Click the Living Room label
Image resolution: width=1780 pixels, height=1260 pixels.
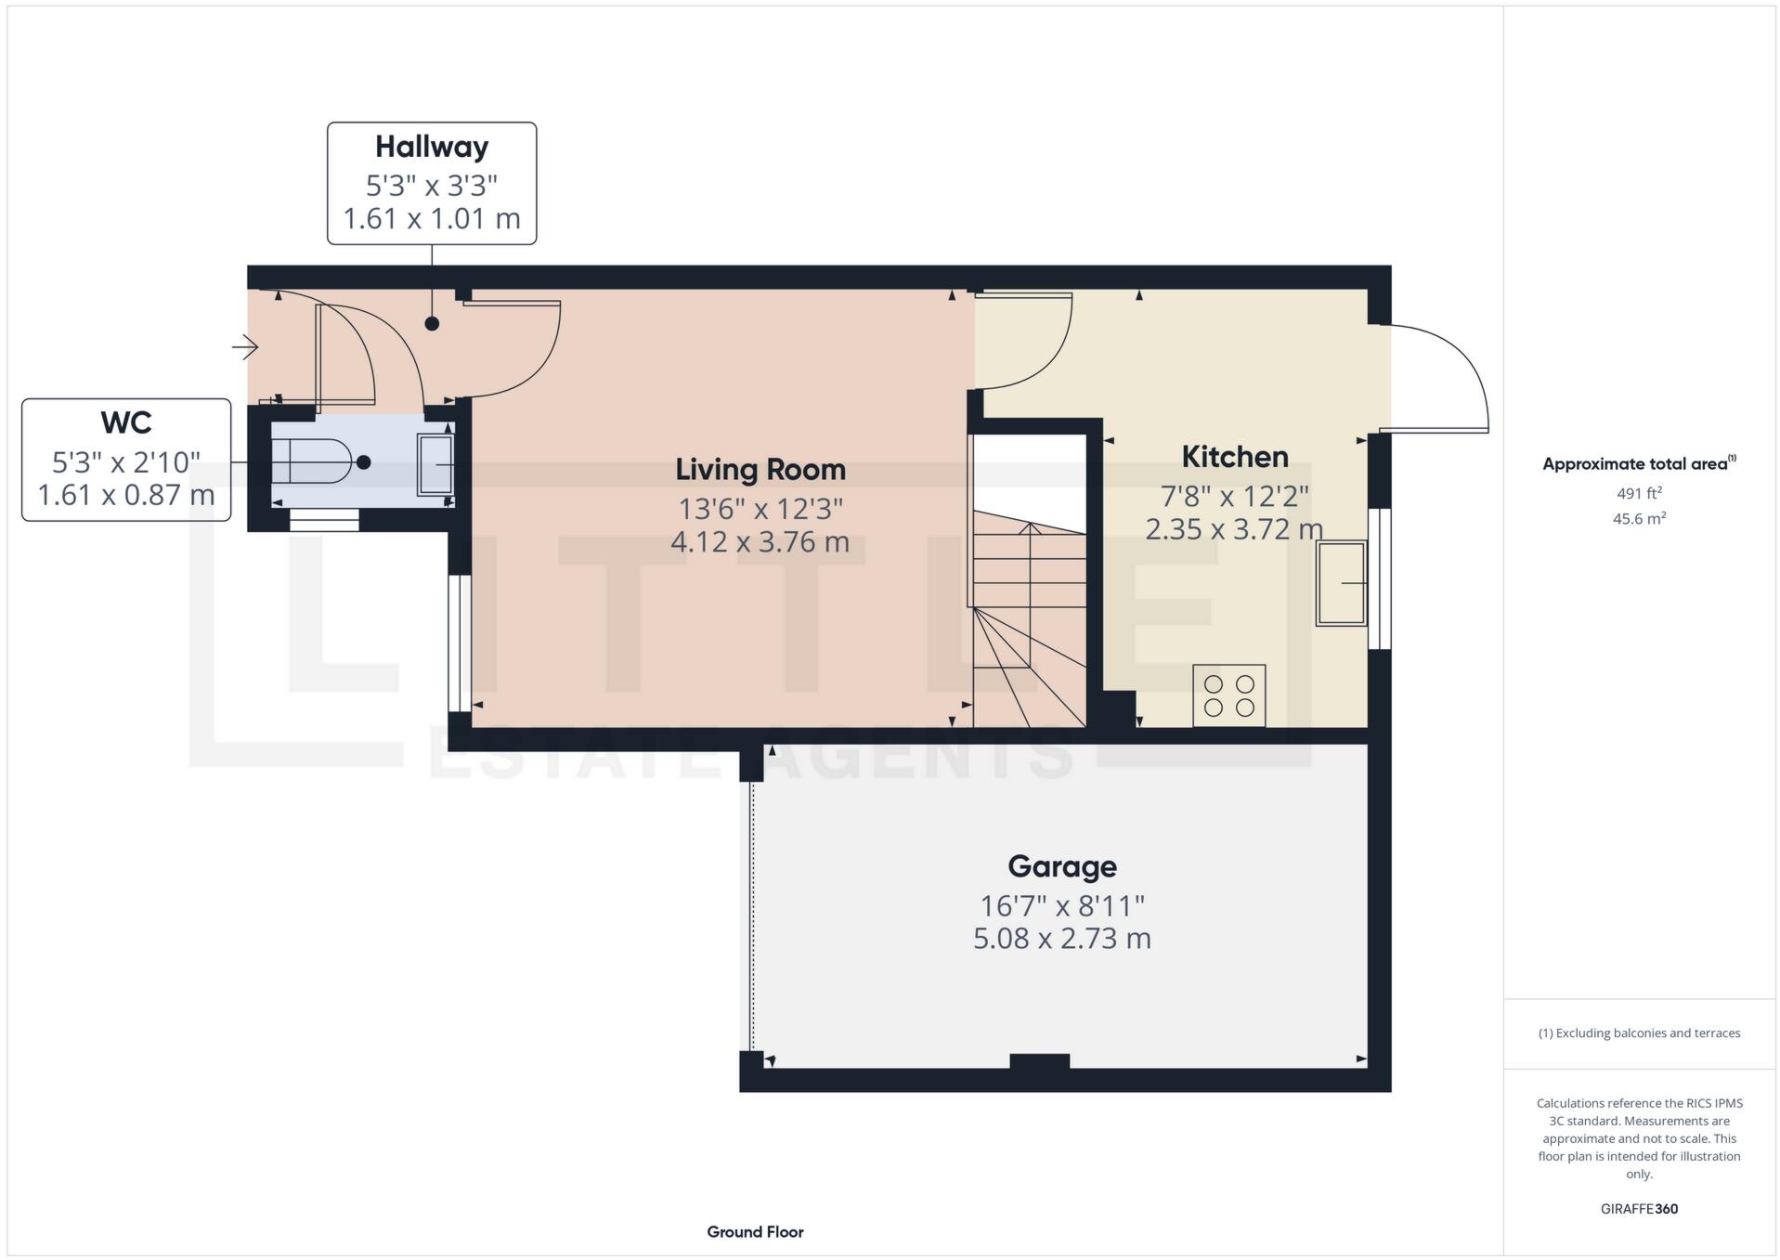pyautogui.click(x=760, y=470)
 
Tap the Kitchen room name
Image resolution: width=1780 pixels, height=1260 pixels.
pyautogui.click(x=1234, y=457)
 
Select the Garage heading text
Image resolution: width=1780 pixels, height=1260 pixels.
pyautogui.click(x=1061, y=866)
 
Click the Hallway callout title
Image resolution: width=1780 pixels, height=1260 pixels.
pyautogui.click(x=431, y=147)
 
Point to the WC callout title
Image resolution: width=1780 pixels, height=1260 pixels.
pyautogui.click(x=125, y=422)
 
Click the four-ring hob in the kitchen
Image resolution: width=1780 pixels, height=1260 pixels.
pyautogui.click(x=1228, y=695)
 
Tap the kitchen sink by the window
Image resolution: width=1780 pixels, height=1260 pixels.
pyautogui.click(x=1341, y=584)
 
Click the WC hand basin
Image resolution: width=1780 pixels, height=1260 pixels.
pyautogui.click(x=435, y=463)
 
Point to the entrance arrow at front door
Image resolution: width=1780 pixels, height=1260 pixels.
pyautogui.click(x=245, y=347)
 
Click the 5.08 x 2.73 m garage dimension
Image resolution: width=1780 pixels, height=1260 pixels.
pyautogui.click(x=1061, y=939)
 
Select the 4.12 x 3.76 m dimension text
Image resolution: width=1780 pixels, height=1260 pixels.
pyautogui.click(x=760, y=542)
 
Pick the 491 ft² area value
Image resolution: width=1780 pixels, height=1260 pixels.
pyautogui.click(x=1638, y=493)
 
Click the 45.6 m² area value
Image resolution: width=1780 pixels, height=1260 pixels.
pyautogui.click(x=1638, y=519)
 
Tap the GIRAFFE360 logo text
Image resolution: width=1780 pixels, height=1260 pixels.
pyautogui.click(x=1638, y=1209)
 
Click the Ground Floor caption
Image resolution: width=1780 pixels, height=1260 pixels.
pyautogui.click(x=754, y=1232)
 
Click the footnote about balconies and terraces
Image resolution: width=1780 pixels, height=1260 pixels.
pyautogui.click(x=1638, y=1033)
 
